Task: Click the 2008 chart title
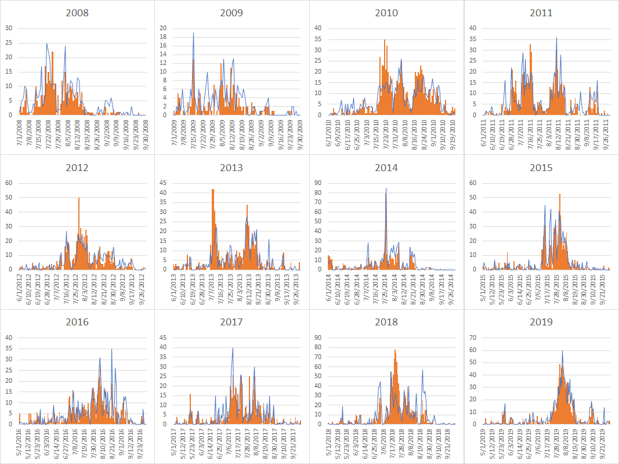point(77,13)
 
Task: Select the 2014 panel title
point(386,168)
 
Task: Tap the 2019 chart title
point(541,322)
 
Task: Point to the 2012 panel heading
point(77,168)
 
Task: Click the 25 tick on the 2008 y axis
point(8,42)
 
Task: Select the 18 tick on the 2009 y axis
point(163,37)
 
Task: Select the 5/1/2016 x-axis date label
point(20,442)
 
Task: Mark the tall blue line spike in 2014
point(386,188)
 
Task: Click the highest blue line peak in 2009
point(193,33)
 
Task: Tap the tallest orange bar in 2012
point(79,198)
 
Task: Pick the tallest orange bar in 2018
point(395,350)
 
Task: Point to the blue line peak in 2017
point(233,348)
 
